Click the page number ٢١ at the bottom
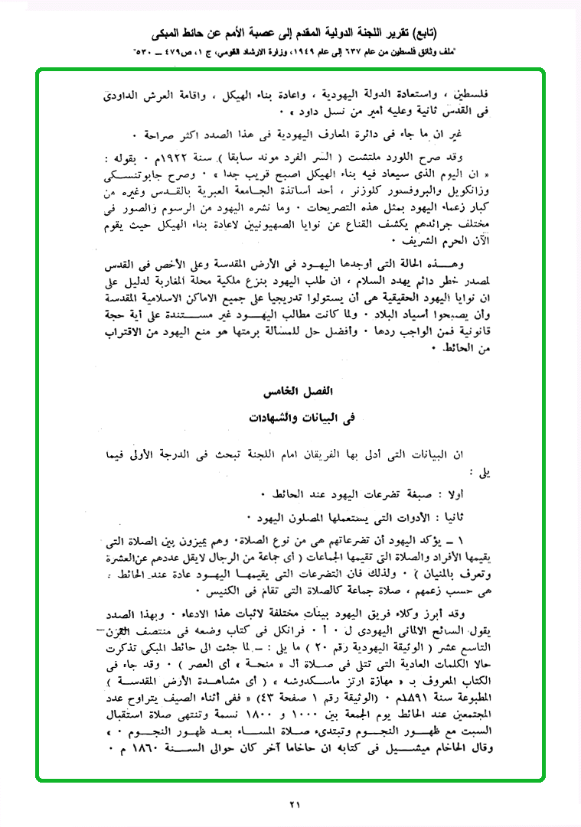295,803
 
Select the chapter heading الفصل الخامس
305,391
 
